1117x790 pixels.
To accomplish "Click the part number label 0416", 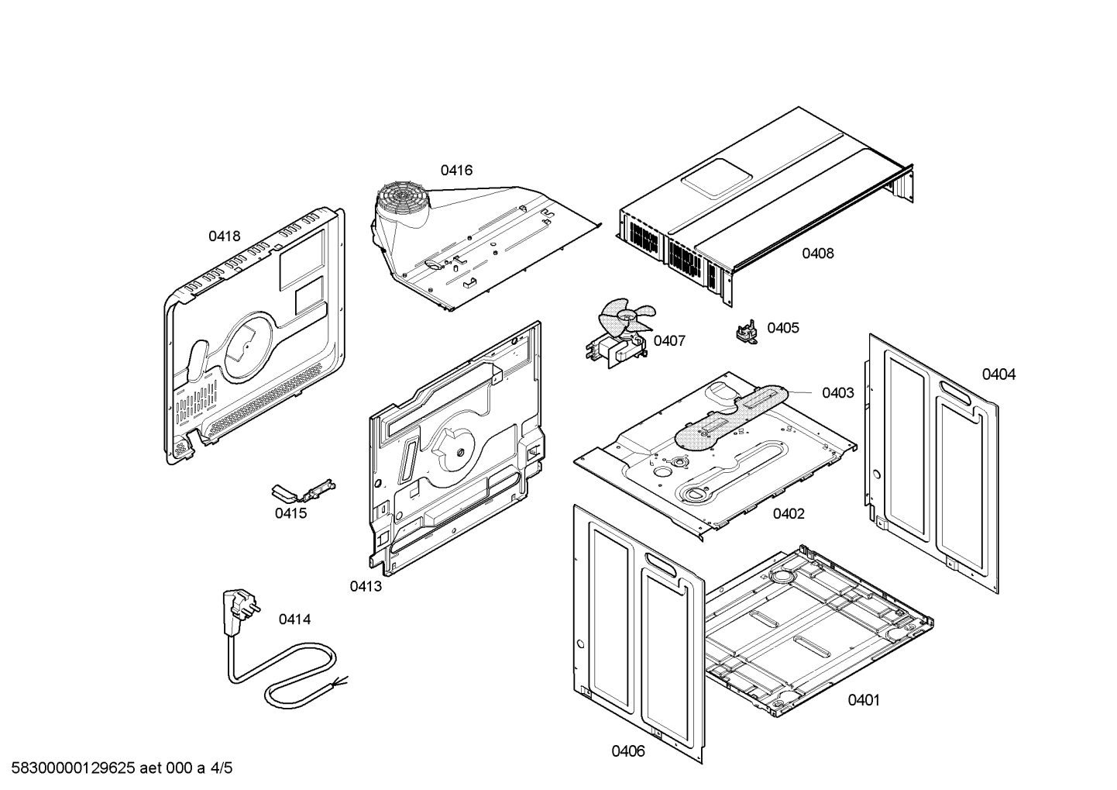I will coord(456,171).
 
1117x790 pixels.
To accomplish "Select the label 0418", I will coord(224,236).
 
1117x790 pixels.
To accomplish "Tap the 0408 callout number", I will coord(817,254).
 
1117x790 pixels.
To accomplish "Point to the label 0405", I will coord(782,328).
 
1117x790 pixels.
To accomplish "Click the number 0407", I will coord(669,341).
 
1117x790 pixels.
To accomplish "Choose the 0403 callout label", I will coord(837,393).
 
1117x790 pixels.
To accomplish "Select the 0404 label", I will coord(998,375).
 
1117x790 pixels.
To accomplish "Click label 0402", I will coord(788,514).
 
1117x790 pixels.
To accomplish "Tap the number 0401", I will coord(863,701).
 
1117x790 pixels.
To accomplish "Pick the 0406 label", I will coord(627,751).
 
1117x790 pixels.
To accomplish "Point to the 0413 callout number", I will coord(365,587).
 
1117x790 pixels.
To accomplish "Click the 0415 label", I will coord(290,513).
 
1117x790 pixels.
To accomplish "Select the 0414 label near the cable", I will coord(294,619).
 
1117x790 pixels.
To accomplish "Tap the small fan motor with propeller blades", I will coord(620,333).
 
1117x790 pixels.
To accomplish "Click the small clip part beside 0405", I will coord(746,332).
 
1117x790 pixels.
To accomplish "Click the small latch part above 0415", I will coord(304,491).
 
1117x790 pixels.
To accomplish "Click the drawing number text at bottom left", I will coord(116,769).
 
